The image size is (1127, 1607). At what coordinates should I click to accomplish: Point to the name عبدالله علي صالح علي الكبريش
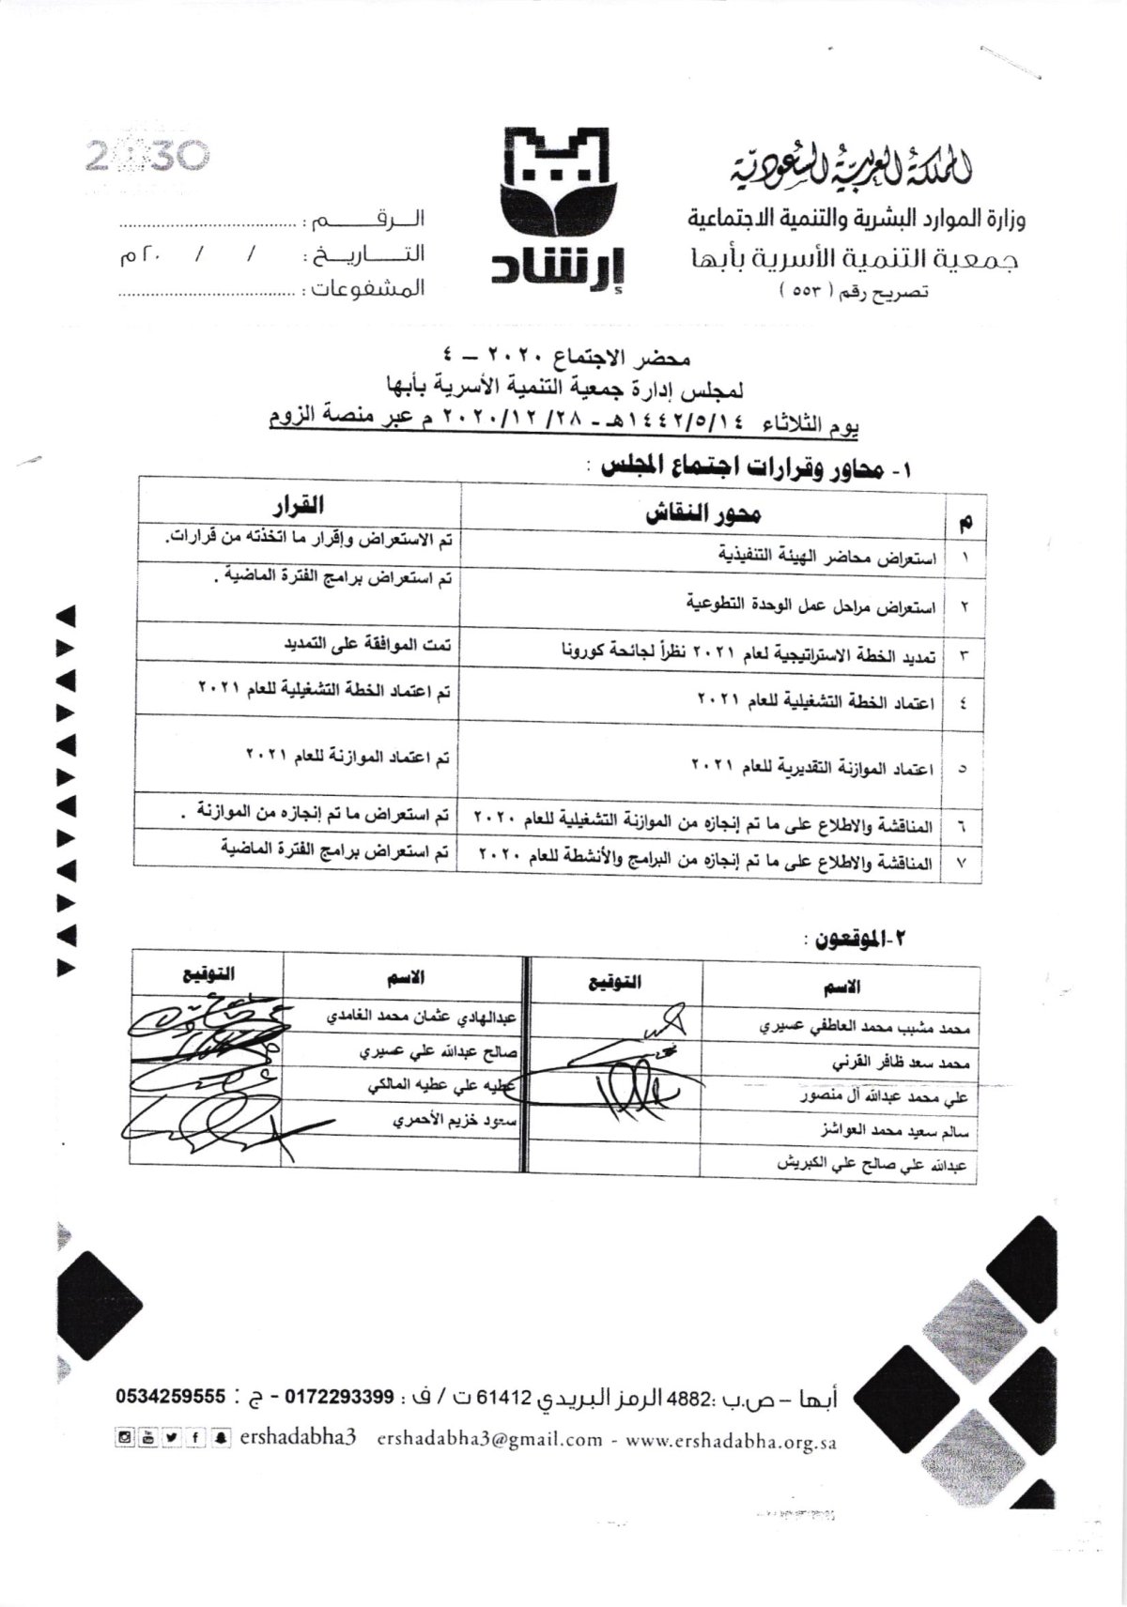(876, 1162)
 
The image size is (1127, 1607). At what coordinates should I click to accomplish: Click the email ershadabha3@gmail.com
(488, 1465)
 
